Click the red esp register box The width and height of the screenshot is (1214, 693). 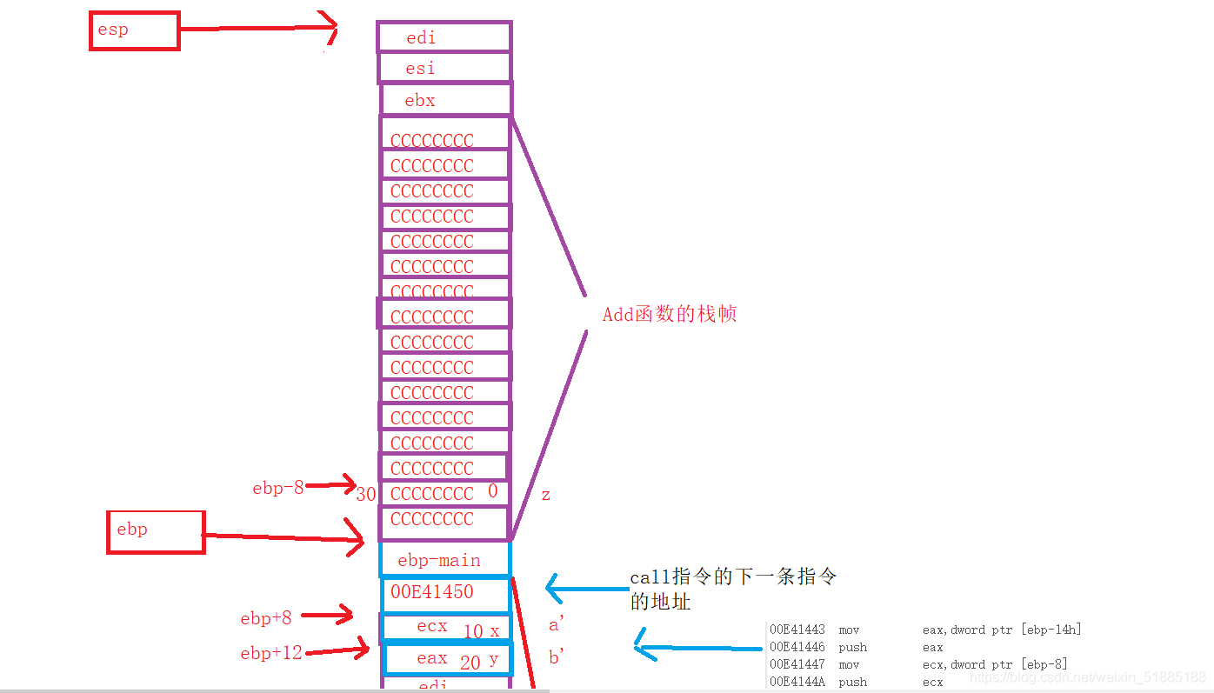(135, 31)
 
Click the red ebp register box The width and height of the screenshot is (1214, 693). (156, 531)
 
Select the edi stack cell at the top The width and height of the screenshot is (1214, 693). (444, 37)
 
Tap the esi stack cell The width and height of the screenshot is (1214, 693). (444, 68)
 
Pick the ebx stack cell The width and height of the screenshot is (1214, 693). (445, 100)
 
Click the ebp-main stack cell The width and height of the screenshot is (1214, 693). (444, 560)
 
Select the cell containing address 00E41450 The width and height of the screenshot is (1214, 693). (444, 592)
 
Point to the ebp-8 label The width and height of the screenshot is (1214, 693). (278, 488)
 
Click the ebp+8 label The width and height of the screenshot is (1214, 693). (266, 618)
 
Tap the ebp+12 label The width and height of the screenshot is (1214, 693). (271, 652)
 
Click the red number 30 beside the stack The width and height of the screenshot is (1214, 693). (366, 495)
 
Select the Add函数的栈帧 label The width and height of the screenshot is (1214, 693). (670, 314)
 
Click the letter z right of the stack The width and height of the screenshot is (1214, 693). (545, 495)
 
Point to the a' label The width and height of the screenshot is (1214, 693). (557, 623)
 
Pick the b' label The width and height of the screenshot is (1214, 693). (557, 657)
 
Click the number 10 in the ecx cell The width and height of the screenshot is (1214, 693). (473, 632)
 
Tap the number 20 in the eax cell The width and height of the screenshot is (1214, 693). (470, 663)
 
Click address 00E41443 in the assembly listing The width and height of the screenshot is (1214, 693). (797, 630)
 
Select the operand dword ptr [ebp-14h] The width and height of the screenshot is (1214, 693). (1017, 630)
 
